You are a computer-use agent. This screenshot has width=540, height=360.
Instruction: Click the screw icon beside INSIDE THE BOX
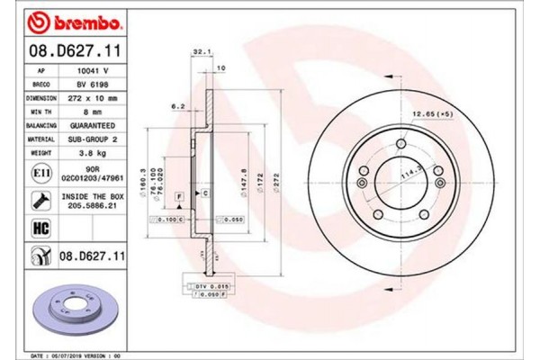[x=40, y=200]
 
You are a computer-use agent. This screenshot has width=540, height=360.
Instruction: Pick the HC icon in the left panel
[x=40, y=229]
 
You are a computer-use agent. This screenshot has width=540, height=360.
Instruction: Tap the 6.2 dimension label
[x=178, y=107]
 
